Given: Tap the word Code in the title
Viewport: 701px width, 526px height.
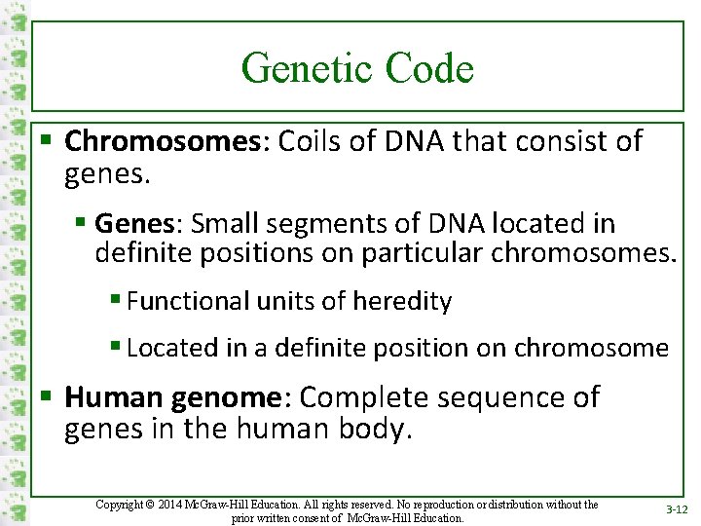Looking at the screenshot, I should tap(429, 68).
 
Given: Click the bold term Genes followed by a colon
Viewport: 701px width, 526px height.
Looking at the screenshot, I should tap(134, 224).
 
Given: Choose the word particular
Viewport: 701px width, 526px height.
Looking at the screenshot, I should tap(428, 255).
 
